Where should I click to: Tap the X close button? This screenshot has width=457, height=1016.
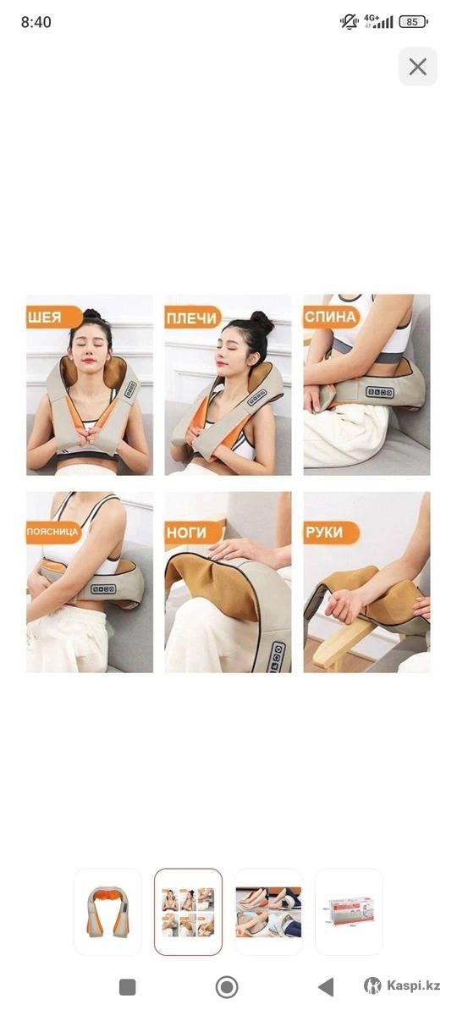point(417,67)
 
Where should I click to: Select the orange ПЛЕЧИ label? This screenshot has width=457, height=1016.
point(193,317)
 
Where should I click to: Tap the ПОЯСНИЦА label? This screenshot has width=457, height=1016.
point(53,532)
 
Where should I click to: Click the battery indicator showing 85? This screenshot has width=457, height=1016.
point(413,21)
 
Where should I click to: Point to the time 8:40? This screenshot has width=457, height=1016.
point(36,22)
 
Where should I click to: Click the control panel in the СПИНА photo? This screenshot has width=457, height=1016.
point(380,391)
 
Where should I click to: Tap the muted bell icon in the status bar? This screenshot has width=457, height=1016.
point(349,21)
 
